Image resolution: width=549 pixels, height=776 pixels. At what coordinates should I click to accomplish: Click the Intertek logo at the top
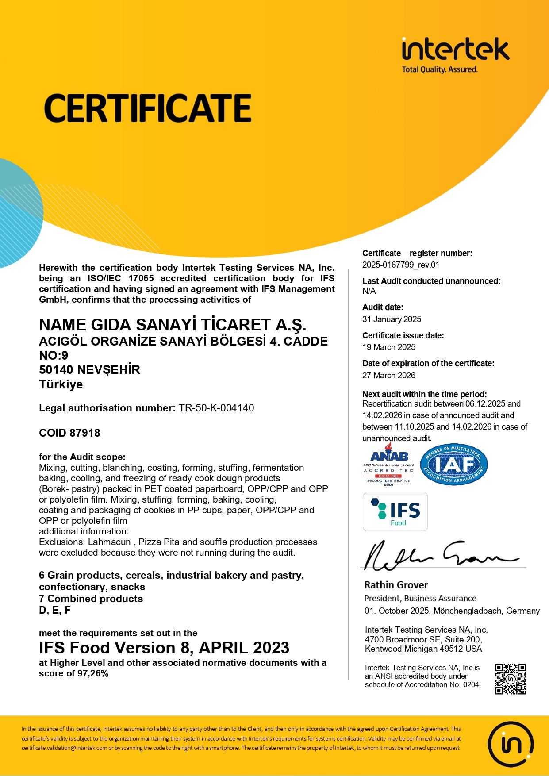(455, 54)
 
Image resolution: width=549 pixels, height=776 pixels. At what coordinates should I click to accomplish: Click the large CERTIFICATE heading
(148, 108)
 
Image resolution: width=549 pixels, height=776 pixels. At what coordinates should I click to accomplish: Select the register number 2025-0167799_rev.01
(401, 265)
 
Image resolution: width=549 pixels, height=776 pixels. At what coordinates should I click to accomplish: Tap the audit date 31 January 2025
(392, 319)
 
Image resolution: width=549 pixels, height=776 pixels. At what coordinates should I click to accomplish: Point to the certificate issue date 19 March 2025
(389, 347)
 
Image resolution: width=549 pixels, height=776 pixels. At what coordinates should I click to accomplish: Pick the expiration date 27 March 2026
(389, 376)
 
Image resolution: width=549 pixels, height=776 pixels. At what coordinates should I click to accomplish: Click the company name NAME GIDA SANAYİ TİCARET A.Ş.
(173, 325)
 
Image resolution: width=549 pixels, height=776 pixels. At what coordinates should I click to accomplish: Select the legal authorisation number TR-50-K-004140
(216, 408)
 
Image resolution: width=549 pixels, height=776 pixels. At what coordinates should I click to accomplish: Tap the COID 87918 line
(69, 433)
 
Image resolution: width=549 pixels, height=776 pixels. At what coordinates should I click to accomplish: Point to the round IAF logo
(454, 465)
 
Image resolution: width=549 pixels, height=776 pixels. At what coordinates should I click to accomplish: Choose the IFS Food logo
(395, 512)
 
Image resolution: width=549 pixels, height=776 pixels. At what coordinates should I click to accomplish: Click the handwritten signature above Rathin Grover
(438, 555)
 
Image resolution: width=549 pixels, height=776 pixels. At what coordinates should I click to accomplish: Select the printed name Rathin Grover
(396, 585)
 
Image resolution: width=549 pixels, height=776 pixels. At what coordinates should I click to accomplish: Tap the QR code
(510, 679)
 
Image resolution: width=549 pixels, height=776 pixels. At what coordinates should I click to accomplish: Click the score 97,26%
(92, 674)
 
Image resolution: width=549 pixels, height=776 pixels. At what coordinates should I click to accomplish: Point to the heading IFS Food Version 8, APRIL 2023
(164, 648)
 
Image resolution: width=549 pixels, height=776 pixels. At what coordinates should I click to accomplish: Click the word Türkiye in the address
(61, 384)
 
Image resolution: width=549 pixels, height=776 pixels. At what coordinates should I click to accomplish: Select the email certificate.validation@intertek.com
(65, 748)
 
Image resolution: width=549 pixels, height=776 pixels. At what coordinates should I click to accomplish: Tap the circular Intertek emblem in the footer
(511, 744)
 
